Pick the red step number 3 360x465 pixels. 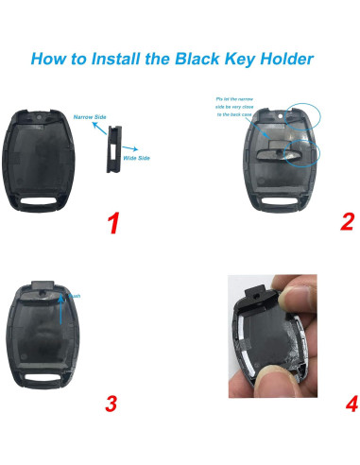pos(111,405)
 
